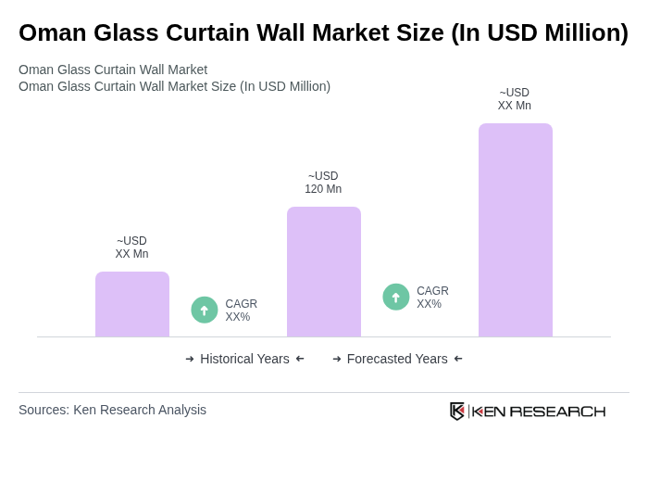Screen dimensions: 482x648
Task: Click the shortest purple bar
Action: click(x=132, y=304)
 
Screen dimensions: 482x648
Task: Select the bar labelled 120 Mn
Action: click(x=324, y=272)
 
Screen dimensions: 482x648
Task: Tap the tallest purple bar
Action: click(x=516, y=230)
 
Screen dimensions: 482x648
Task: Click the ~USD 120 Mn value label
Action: click(x=323, y=183)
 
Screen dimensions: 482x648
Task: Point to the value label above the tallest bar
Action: click(x=515, y=99)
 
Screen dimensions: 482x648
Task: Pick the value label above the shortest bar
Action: click(x=131, y=247)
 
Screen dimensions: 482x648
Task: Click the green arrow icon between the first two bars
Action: click(x=205, y=310)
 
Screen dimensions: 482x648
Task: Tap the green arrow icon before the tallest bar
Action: click(x=396, y=297)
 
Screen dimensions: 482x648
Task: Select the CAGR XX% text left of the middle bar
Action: click(x=241, y=311)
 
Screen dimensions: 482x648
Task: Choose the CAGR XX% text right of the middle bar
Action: click(x=432, y=298)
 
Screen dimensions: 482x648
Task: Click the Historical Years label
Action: click(x=244, y=359)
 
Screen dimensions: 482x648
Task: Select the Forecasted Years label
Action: click(x=397, y=359)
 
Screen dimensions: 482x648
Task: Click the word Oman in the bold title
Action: click(x=54, y=32)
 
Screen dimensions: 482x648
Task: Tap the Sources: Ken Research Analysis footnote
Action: click(x=112, y=410)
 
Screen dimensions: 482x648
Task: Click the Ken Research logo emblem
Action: click(x=457, y=411)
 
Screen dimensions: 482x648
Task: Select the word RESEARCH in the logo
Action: click(x=557, y=412)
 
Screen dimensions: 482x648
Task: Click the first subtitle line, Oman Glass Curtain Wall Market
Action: click(x=113, y=70)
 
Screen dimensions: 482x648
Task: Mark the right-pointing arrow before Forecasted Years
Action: click(x=337, y=359)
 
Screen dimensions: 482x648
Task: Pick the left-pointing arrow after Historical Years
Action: click(x=300, y=359)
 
